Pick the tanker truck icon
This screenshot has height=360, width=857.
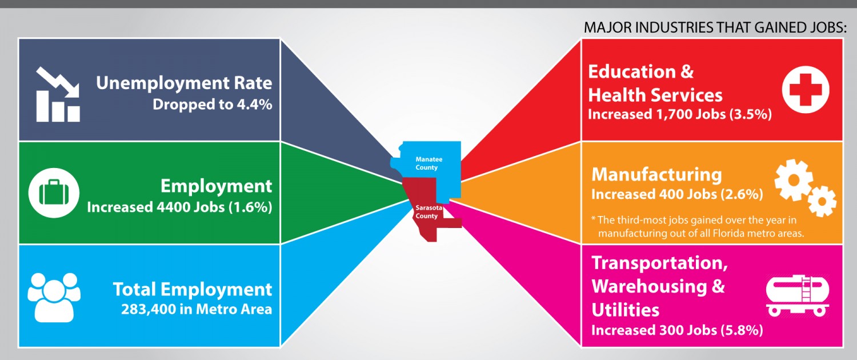[797, 295]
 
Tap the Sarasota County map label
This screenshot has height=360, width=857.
[427, 213]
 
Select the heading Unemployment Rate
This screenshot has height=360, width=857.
[184, 83]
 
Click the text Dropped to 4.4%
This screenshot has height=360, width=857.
[212, 105]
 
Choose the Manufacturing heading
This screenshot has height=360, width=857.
[656, 174]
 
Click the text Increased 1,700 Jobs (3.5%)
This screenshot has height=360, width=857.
[680, 114]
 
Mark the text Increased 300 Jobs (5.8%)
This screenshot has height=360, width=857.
[677, 330]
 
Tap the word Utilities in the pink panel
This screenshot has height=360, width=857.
[626, 309]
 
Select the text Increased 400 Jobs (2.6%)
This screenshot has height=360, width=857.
[677, 194]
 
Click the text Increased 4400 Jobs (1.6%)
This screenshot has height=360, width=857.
[179, 207]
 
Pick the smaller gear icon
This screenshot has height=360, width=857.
[822, 201]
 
